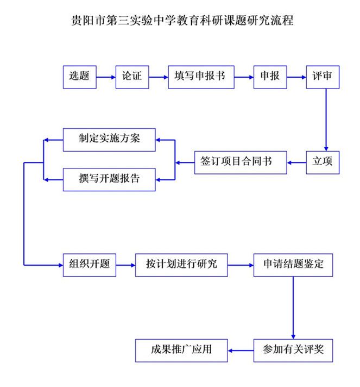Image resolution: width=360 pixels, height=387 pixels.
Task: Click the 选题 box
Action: click(79, 77)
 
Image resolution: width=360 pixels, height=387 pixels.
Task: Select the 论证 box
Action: click(132, 77)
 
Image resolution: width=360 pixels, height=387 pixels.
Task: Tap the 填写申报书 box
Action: click(201, 77)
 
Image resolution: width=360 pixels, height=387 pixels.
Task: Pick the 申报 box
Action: click(270, 77)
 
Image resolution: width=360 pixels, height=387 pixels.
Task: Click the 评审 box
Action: click(323, 77)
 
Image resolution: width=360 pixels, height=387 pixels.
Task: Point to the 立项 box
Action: click(323, 163)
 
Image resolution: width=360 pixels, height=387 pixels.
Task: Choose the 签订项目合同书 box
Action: click(241, 163)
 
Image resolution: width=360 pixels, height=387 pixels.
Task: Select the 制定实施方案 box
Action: click(109, 140)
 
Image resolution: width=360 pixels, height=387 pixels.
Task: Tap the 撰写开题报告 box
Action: click(109, 180)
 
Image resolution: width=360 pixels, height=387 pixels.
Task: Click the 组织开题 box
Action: click(89, 265)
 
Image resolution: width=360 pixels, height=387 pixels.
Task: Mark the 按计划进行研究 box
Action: click(181, 265)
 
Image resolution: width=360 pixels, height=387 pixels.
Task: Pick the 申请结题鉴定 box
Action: click(293, 265)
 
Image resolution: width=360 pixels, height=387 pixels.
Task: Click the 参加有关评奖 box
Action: click(293, 351)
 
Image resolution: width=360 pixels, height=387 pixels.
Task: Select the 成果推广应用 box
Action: click(181, 351)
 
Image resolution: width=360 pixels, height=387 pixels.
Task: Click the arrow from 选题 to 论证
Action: click(106, 77)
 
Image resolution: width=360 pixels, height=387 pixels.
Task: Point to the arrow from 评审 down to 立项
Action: click(326, 120)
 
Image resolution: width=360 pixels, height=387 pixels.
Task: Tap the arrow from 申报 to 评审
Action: click(296, 77)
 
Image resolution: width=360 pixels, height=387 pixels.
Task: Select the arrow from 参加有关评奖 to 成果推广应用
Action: click(241, 351)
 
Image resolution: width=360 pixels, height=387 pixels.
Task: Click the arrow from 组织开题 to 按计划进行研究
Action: click(125, 265)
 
